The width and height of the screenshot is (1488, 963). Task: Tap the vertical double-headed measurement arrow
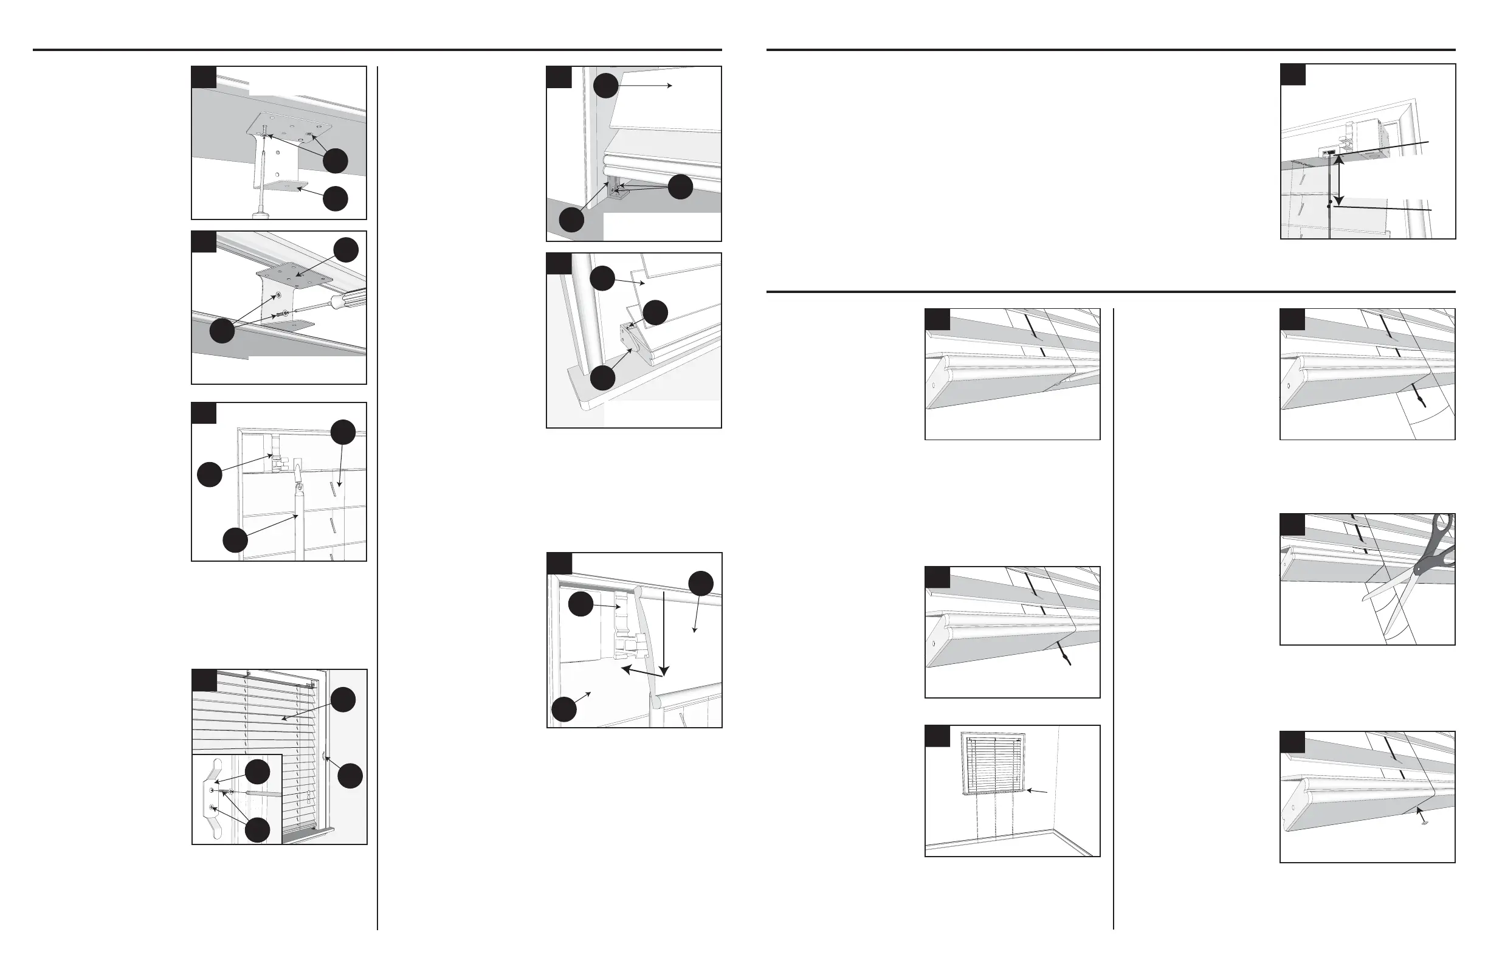click(x=1337, y=181)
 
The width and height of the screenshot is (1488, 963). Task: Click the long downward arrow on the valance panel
click(x=664, y=632)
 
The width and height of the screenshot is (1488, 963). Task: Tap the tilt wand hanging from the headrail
click(x=298, y=513)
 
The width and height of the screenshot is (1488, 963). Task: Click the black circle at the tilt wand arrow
click(x=235, y=540)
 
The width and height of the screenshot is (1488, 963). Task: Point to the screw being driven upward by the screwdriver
click(x=267, y=132)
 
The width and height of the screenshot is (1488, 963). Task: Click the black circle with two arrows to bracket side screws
click(x=221, y=330)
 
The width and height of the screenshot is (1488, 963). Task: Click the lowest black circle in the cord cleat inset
click(x=257, y=830)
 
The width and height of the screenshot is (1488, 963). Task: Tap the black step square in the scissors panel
click(x=1292, y=525)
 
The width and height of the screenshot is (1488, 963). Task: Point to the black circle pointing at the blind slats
click(x=343, y=699)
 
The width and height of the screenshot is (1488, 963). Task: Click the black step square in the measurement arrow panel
click(x=1292, y=74)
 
